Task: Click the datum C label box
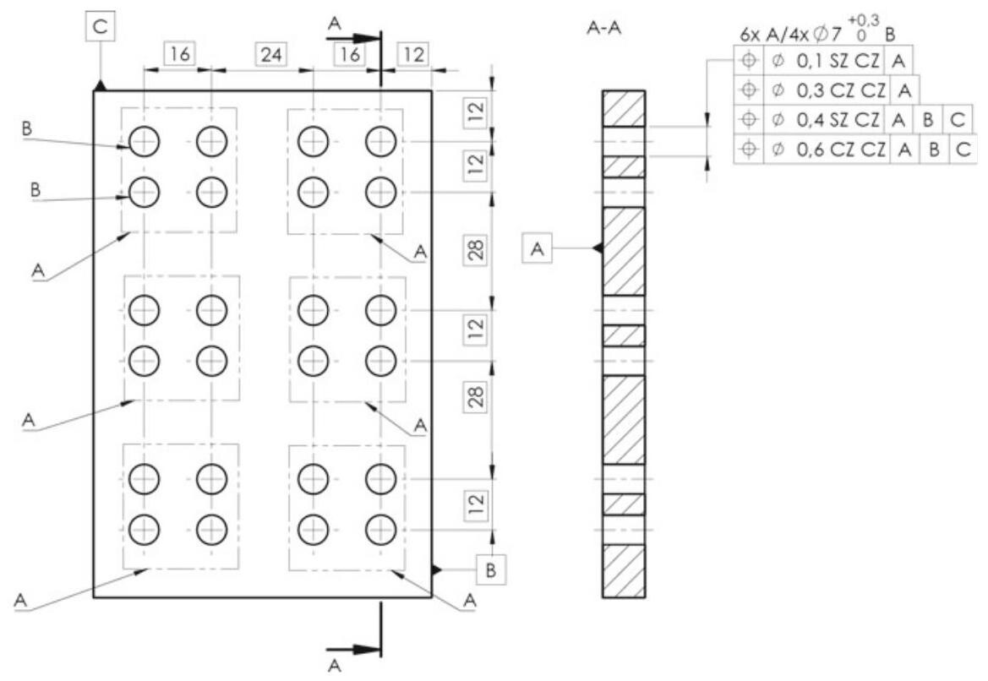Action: pyautogui.click(x=101, y=26)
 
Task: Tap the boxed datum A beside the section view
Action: pyautogui.click(x=538, y=248)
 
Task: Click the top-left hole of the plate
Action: pyautogui.click(x=145, y=141)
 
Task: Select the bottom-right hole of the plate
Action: pyautogui.click(x=380, y=530)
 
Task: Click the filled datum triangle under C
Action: pyautogui.click(x=101, y=84)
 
